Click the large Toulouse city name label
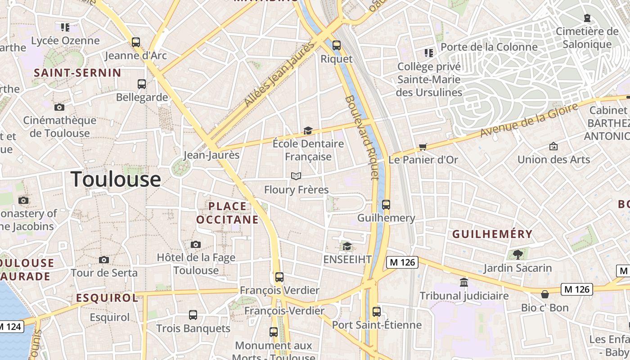pyautogui.click(x=116, y=179)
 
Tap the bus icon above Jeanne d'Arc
pyautogui.click(x=136, y=42)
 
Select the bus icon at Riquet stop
pyautogui.click(x=337, y=45)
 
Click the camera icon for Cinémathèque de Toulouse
pyautogui.click(x=59, y=107)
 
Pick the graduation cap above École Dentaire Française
pyautogui.click(x=308, y=130)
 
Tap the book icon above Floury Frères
pyautogui.click(x=296, y=176)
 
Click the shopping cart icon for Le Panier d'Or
pyautogui.click(x=423, y=147)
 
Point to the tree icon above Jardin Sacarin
pyautogui.click(x=517, y=254)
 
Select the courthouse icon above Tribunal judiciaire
pyautogui.click(x=464, y=282)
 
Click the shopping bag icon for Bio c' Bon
pyautogui.click(x=545, y=294)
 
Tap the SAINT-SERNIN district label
pyautogui.click(x=77, y=73)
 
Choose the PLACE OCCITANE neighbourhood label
pyautogui.click(x=228, y=213)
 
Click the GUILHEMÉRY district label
pyautogui.click(x=492, y=234)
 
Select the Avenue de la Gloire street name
pyautogui.click(x=529, y=121)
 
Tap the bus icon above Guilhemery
pyautogui.click(x=386, y=205)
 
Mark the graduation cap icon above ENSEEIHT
pyautogui.click(x=347, y=246)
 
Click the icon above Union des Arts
pyautogui.click(x=553, y=146)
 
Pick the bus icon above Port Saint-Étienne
pyautogui.click(x=377, y=311)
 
